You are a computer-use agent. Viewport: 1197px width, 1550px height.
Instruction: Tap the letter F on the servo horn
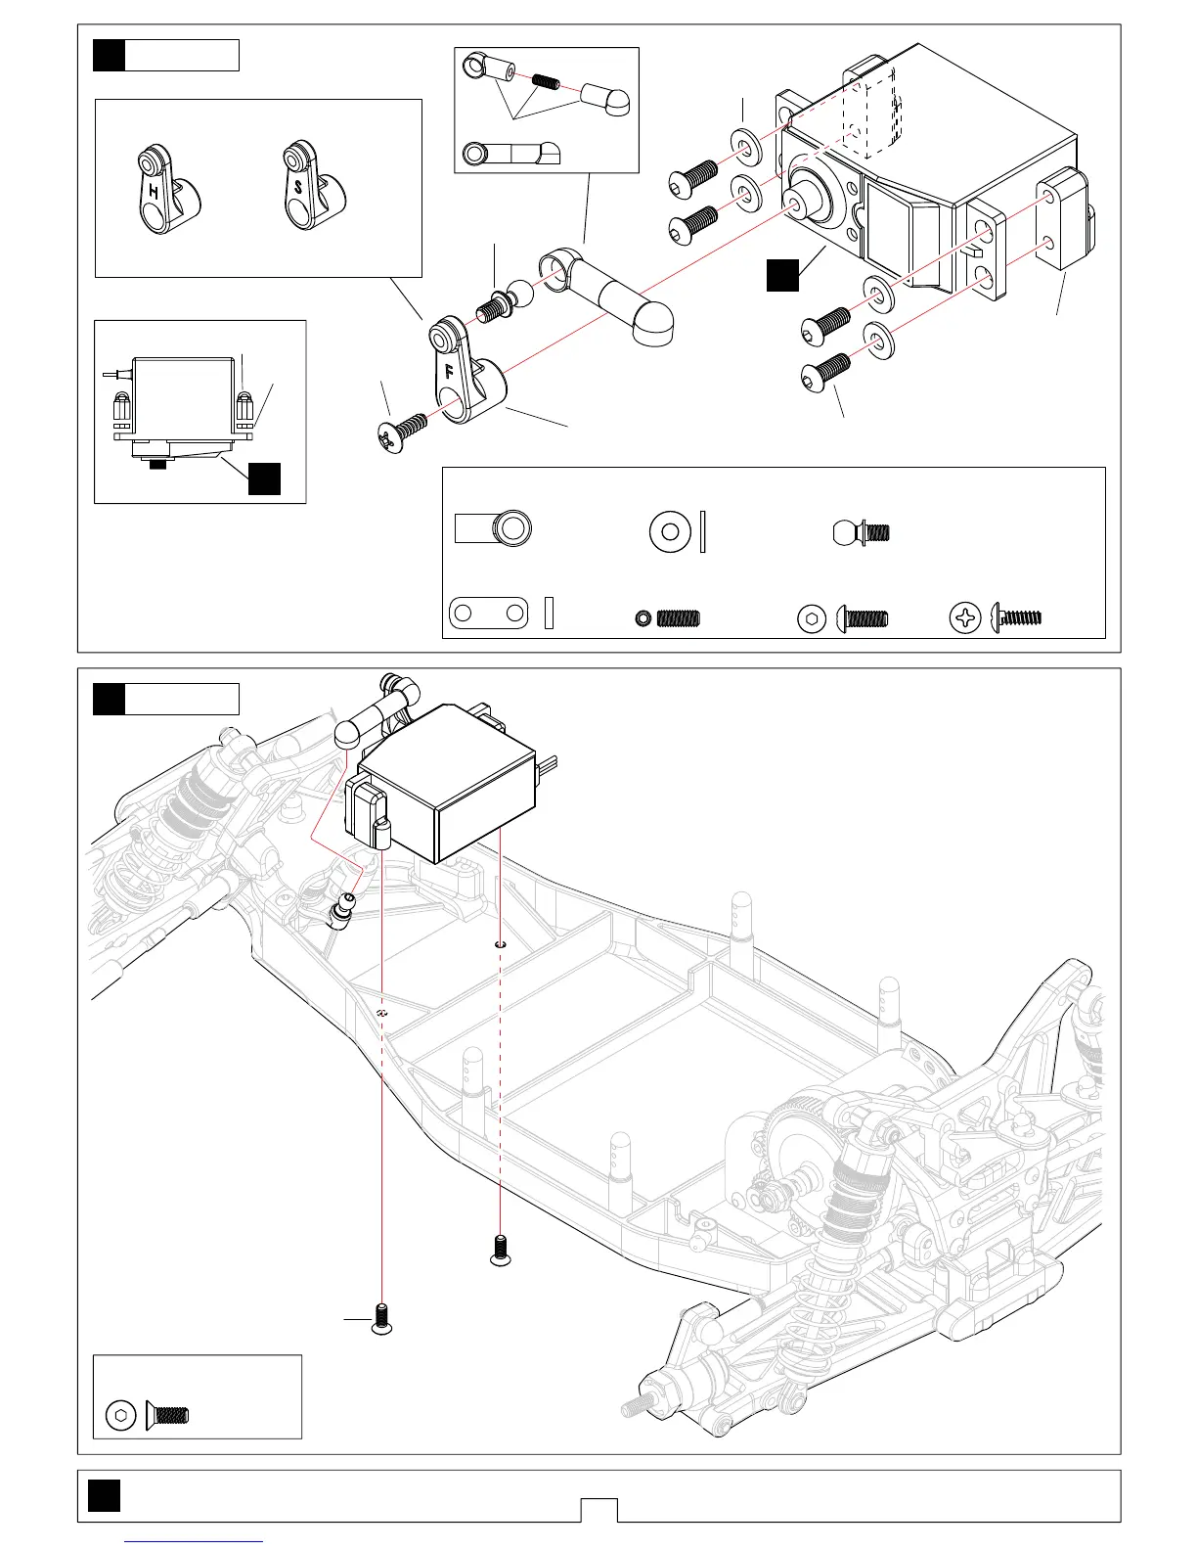[449, 372]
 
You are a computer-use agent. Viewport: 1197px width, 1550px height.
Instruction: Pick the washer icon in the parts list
[670, 531]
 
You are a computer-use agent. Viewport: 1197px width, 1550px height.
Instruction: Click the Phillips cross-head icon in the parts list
[965, 617]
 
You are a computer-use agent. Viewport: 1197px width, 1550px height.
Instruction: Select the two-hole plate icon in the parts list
[488, 614]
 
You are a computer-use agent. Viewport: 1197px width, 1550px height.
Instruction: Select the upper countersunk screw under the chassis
[501, 1251]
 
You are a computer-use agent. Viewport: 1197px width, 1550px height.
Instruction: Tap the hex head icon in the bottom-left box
[120, 1415]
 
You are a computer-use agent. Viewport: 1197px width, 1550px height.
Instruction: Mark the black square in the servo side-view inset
[264, 479]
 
